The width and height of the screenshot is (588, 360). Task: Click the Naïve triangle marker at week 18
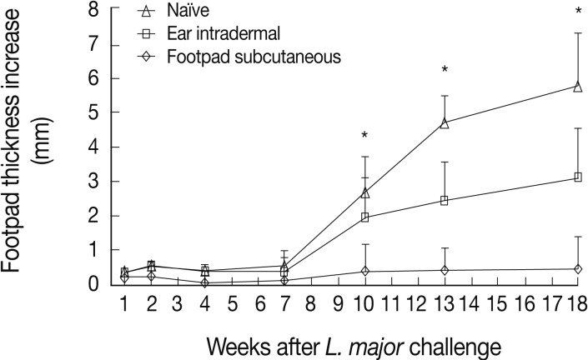[x=577, y=86]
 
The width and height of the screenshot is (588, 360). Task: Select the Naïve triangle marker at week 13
[x=445, y=123]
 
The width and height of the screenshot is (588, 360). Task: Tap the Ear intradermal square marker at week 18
[x=577, y=177]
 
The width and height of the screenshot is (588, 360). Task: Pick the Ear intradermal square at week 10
[x=364, y=217]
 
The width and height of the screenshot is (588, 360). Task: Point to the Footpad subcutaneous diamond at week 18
[x=577, y=269]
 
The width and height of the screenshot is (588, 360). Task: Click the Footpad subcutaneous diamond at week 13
[x=445, y=270]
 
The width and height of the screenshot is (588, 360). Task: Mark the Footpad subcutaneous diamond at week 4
[x=204, y=282]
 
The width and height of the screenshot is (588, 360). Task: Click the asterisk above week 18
[x=577, y=12]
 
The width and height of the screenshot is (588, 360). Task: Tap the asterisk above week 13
[x=445, y=70]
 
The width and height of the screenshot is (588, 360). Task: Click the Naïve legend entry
[x=187, y=12]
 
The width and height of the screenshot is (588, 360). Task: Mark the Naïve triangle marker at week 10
[x=364, y=192]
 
